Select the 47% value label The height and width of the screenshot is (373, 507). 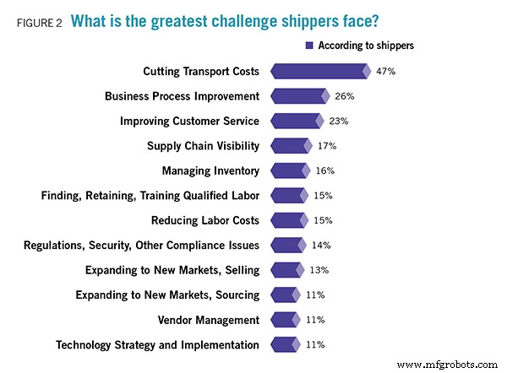pos(386,71)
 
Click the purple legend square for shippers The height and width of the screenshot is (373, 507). pos(309,46)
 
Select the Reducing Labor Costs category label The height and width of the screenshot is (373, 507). pos(205,220)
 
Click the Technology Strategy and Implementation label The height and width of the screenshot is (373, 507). pos(157,345)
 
